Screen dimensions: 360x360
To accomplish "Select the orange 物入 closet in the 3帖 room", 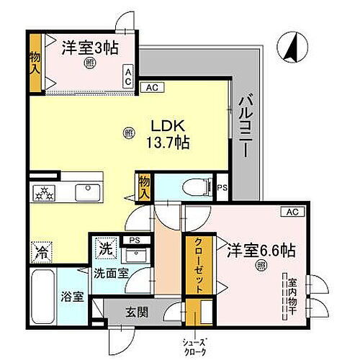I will click(x=35, y=67).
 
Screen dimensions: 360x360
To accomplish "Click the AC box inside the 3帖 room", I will click(x=128, y=76).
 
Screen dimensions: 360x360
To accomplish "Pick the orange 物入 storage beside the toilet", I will click(x=145, y=187).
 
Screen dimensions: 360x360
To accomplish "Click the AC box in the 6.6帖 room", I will click(x=292, y=212).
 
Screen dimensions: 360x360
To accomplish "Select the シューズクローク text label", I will click(x=197, y=343).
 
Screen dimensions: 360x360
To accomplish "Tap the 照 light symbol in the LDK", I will click(x=129, y=132).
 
